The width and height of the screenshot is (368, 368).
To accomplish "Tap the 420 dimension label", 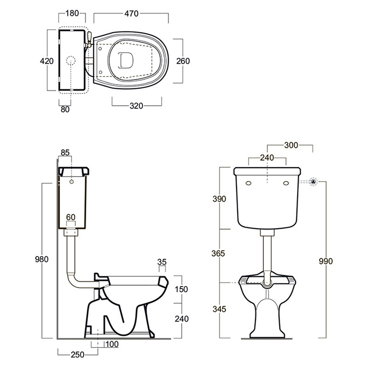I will [47, 62].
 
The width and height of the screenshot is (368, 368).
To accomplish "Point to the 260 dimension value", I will [183, 61].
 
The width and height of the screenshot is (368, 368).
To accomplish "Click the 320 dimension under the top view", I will [136, 105].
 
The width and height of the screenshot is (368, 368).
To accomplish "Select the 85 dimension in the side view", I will [65, 153].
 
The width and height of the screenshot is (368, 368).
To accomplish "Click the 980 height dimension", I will [42, 259].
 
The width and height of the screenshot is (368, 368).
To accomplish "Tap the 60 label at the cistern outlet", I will [70, 217].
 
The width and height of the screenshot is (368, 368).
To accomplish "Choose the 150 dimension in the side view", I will [182, 289].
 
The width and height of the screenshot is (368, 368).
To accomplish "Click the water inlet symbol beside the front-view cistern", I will [314, 181].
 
